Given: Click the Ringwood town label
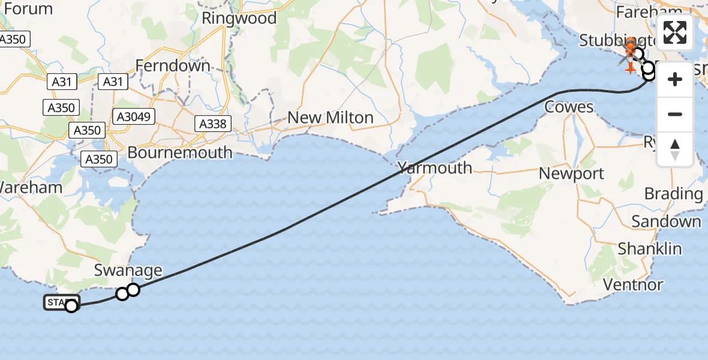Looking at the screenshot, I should click(x=239, y=19).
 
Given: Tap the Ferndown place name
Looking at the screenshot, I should click(x=173, y=65).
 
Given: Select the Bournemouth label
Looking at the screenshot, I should click(x=179, y=152).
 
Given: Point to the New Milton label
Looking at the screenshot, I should click(x=330, y=118).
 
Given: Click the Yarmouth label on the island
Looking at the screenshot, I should click(x=434, y=168).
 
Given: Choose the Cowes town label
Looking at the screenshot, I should click(x=569, y=107).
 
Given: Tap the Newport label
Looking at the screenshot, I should click(x=571, y=174).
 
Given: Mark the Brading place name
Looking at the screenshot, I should click(x=673, y=194).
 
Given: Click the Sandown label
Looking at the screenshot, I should click(x=666, y=221).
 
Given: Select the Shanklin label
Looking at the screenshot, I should click(x=650, y=248).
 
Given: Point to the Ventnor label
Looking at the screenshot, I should click(x=633, y=284).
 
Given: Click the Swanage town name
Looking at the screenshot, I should click(x=128, y=271).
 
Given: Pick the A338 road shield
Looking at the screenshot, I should click(x=212, y=124).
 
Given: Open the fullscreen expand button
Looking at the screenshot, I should click(x=675, y=32).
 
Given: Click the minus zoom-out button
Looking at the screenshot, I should click(x=675, y=114).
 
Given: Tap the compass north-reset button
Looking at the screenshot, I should click(x=675, y=149).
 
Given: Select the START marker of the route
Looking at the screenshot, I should click(x=61, y=302).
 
